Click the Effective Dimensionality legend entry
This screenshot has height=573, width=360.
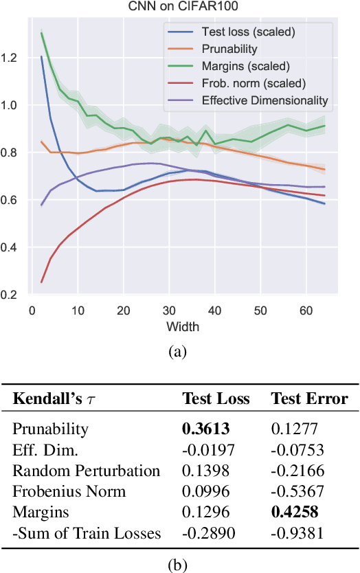coord(265,100)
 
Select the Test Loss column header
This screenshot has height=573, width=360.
coord(216,399)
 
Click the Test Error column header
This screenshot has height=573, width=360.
coord(309,399)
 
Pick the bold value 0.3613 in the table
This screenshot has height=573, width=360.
coord(205,429)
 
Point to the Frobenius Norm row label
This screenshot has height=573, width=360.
coord(69,491)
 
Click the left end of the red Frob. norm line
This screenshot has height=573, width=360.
coord(42,282)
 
